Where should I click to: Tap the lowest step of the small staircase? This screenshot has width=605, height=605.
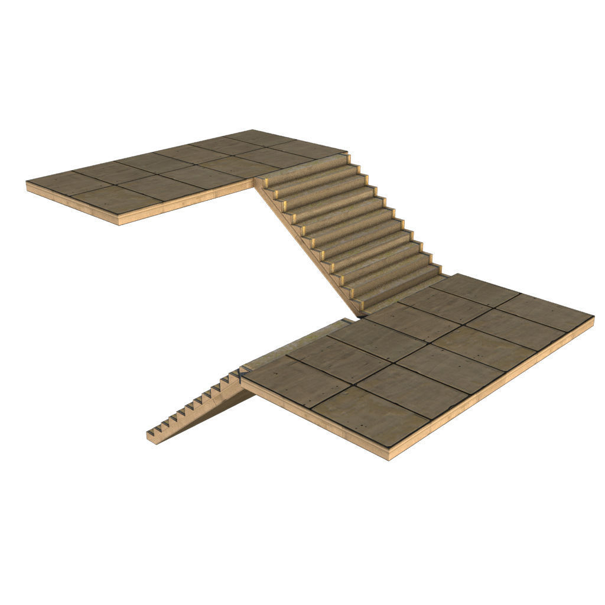coord(155,435)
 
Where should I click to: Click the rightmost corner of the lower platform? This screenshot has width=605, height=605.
coord(593,317)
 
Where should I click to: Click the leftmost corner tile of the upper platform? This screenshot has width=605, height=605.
coord(61,183)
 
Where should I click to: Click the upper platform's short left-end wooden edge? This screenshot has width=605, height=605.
coord(71,204)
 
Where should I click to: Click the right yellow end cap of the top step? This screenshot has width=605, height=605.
coord(348,158)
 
